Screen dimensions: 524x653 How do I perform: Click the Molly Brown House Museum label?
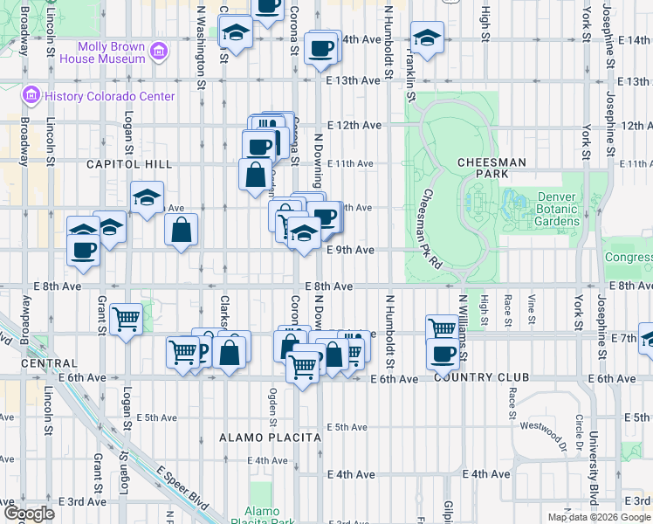110,52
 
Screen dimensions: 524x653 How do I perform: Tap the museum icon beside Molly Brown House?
158,52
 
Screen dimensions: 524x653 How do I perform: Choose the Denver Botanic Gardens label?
558,210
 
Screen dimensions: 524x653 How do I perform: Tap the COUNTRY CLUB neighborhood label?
481,377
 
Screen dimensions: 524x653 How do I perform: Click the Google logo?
29,514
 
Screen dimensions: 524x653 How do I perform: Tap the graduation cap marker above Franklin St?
427,38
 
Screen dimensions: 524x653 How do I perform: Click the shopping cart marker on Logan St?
127,319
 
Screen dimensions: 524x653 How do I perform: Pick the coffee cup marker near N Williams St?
443,354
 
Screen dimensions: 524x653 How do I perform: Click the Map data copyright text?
598,517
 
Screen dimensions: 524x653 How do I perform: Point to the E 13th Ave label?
354,80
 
